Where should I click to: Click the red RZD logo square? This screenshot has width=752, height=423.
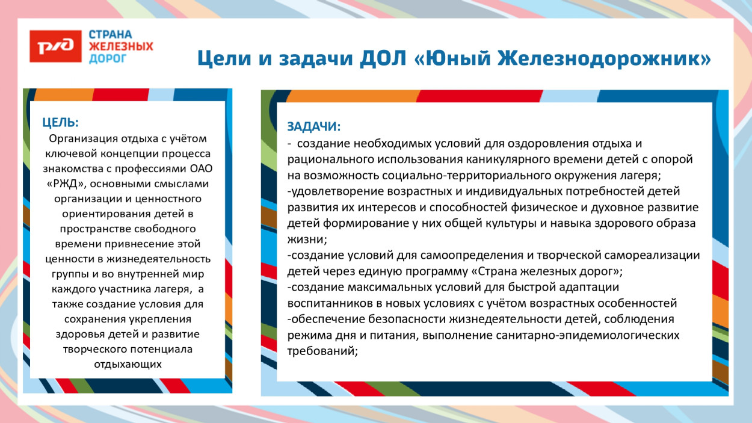pyautogui.click(x=55, y=46)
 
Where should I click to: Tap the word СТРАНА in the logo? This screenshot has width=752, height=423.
pyautogui.click(x=110, y=34)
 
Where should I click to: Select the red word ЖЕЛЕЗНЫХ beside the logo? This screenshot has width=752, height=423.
pyautogui.click(x=120, y=46)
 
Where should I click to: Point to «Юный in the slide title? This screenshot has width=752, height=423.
pyautogui.click(x=444, y=58)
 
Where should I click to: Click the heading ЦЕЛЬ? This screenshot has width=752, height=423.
pyautogui.click(x=60, y=123)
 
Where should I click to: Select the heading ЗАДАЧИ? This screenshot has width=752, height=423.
pyautogui.click(x=313, y=127)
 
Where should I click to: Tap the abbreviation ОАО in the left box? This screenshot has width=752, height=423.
pyautogui.click(x=193, y=168)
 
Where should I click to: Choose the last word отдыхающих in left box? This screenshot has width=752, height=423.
pyautogui.click(x=128, y=364)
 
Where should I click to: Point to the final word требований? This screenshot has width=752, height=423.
pyautogui.click(x=322, y=351)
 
